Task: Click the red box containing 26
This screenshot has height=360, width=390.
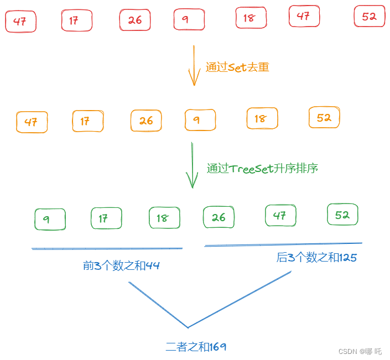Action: pos(135,20)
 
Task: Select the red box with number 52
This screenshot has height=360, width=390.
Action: pos(369,17)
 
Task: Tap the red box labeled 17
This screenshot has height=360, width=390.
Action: pos(76,21)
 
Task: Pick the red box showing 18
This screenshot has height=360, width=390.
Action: pos(251,18)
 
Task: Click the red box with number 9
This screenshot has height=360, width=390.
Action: pos(189,19)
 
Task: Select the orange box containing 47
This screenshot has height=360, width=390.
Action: pos(32,122)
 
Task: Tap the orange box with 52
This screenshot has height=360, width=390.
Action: pos(324,117)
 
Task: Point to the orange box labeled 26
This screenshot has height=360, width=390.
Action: pos(146,121)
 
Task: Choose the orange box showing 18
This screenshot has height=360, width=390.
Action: pos(262,118)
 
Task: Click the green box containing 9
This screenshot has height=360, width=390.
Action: pos(49,219)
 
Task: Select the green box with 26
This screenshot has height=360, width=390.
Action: pos(219,217)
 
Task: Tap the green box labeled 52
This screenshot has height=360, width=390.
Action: pos(342,215)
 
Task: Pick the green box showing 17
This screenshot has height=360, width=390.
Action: pos(106,218)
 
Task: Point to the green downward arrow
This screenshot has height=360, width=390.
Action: pos(192,165)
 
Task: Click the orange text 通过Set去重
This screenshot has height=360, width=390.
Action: pos(237,67)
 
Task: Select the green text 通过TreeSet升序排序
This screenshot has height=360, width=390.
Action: pos(262,169)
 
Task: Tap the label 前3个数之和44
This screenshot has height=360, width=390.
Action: pos(121,266)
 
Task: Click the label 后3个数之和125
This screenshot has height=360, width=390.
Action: pos(316,257)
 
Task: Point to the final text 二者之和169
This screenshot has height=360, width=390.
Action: pos(196,347)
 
